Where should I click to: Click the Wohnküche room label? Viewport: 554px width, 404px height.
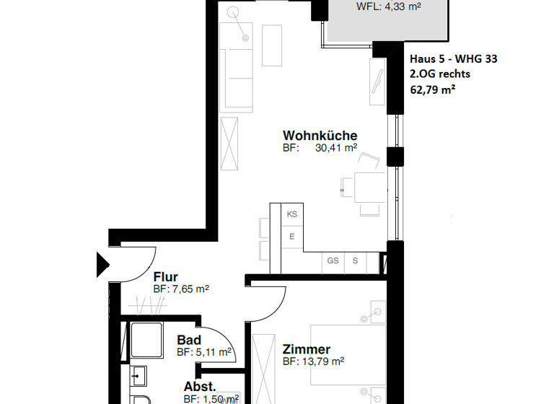point(320,136)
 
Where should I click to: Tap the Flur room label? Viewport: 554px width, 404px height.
point(166,276)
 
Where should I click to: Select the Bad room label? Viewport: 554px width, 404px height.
point(189,340)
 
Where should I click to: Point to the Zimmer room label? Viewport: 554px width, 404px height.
point(306,350)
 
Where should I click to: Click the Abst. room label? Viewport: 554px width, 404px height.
point(200,387)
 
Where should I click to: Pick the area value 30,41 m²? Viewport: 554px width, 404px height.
point(336,148)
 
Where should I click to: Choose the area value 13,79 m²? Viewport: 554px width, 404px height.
point(324,361)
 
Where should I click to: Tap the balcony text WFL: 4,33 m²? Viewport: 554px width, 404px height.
point(389,6)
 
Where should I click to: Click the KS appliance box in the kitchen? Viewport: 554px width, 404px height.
point(292,214)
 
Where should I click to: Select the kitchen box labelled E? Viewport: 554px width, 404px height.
point(292,237)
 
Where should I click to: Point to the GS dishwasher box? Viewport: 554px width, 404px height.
point(333,261)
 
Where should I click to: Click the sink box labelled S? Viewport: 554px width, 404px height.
point(355,261)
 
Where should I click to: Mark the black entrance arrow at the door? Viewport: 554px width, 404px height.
point(101,264)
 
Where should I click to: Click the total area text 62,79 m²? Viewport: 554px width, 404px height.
point(433,90)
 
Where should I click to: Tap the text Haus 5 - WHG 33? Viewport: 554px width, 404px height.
point(452,60)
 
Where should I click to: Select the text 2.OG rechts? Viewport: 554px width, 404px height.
point(439,75)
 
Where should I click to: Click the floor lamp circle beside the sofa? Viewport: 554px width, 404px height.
point(234,12)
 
